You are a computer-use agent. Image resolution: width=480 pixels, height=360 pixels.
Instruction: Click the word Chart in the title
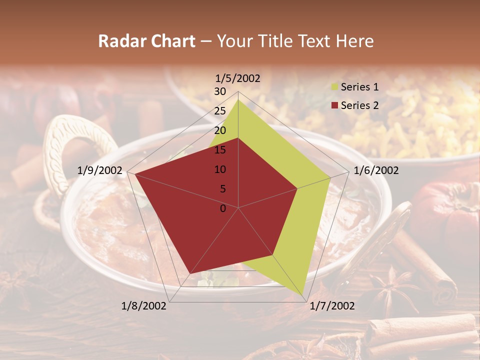167,41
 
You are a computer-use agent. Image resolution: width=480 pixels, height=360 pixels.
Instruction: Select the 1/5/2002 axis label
238,78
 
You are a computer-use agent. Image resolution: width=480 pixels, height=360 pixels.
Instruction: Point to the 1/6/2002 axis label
376,170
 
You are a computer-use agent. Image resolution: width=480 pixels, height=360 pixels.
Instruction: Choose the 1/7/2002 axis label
332,306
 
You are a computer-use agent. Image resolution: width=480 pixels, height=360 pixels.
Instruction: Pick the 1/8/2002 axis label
144,306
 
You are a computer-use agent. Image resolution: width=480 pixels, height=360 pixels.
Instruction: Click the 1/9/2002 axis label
100,170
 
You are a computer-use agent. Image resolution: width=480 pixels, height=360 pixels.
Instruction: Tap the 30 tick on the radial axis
220,91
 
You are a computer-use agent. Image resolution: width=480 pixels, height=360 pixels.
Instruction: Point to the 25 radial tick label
220,111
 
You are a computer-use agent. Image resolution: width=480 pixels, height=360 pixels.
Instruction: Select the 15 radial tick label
220,150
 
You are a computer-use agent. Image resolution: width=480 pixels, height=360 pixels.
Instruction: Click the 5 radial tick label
223,189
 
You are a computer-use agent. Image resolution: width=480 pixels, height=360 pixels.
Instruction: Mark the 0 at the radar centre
223,208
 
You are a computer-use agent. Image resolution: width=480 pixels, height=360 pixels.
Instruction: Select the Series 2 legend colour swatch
335,105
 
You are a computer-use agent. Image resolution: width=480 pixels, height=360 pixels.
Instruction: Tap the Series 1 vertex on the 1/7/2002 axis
304,297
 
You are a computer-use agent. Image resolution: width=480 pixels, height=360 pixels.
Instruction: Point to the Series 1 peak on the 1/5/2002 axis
238,99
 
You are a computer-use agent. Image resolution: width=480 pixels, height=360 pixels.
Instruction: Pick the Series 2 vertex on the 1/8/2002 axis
190,274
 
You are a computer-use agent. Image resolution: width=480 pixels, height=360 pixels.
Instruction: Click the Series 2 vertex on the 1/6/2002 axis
297,188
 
